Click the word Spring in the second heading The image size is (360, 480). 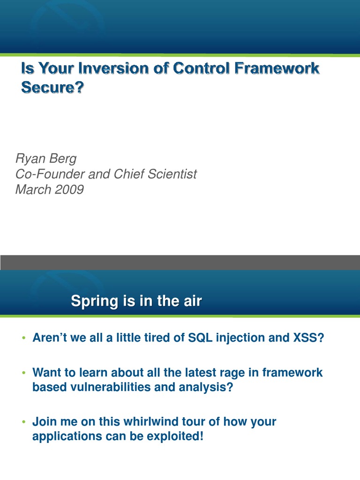coord(93,301)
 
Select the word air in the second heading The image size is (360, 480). coord(191,301)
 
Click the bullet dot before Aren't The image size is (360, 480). coord(23,338)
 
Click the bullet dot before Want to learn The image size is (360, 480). coord(23,373)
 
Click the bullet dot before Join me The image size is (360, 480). coord(23,422)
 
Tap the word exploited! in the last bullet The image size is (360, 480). coord(174,436)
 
